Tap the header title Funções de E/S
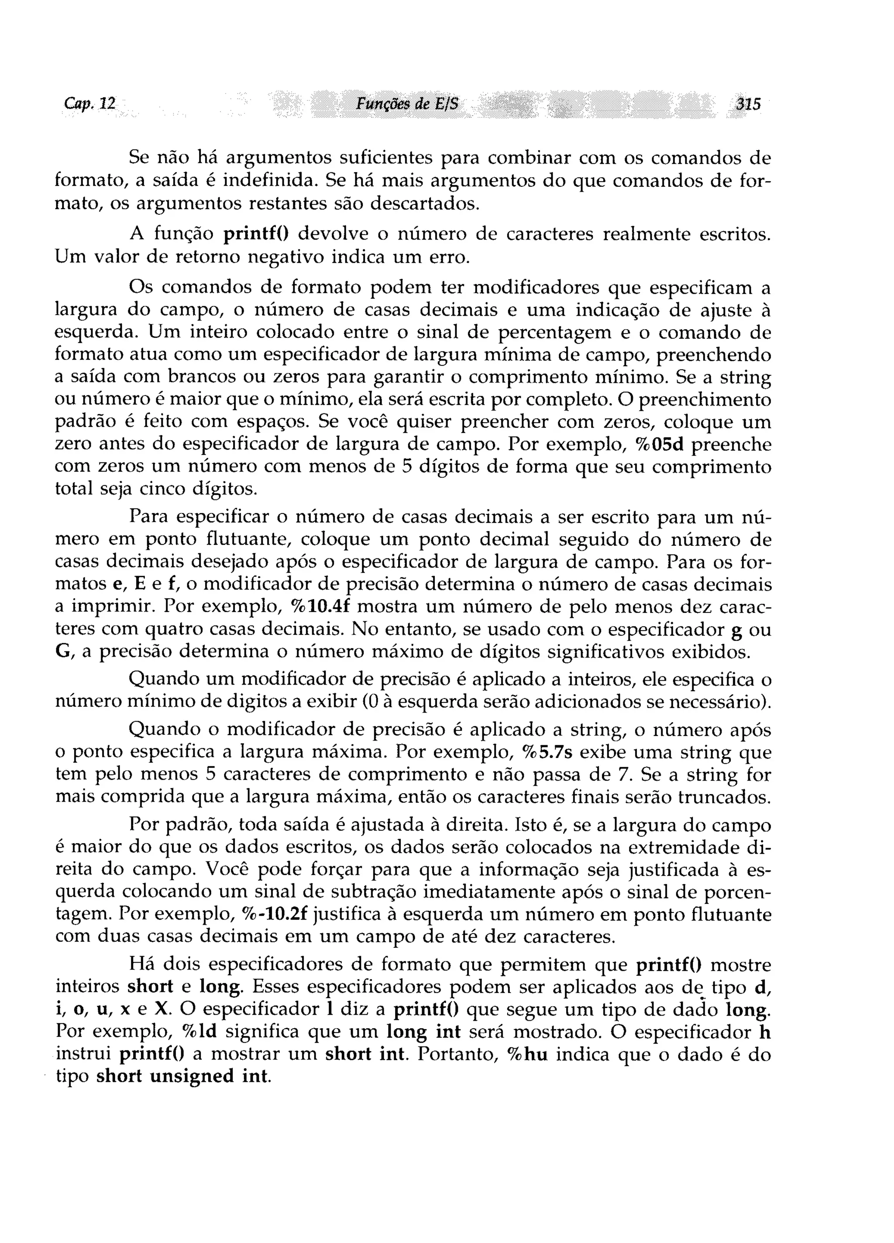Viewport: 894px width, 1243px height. pos(407,103)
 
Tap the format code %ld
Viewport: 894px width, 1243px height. pos(199,1032)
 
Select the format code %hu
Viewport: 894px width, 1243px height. pos(528,1054)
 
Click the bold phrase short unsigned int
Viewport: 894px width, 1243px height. pos(182,1076)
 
